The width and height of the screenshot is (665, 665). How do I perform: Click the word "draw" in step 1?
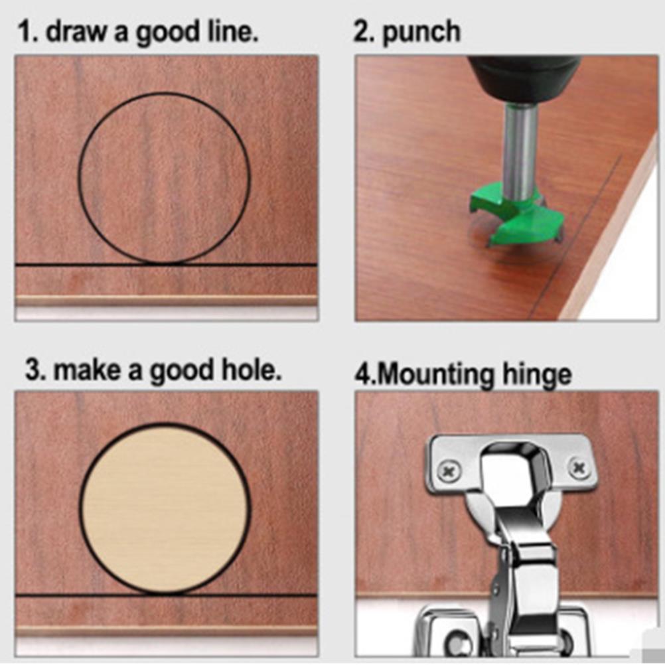click(x=76, y=32)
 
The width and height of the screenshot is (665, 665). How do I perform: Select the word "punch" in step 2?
click(x=421, y=33)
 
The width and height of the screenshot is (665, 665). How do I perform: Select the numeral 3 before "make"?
click(x=33, y=370)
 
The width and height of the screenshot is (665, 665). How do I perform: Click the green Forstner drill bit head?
click(x=518, y=214)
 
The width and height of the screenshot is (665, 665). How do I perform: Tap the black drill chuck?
click(x=524, y=79)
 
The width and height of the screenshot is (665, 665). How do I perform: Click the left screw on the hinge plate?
click(x=449, y=471)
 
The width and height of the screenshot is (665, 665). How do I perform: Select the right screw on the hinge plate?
click(x=580, y=468)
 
